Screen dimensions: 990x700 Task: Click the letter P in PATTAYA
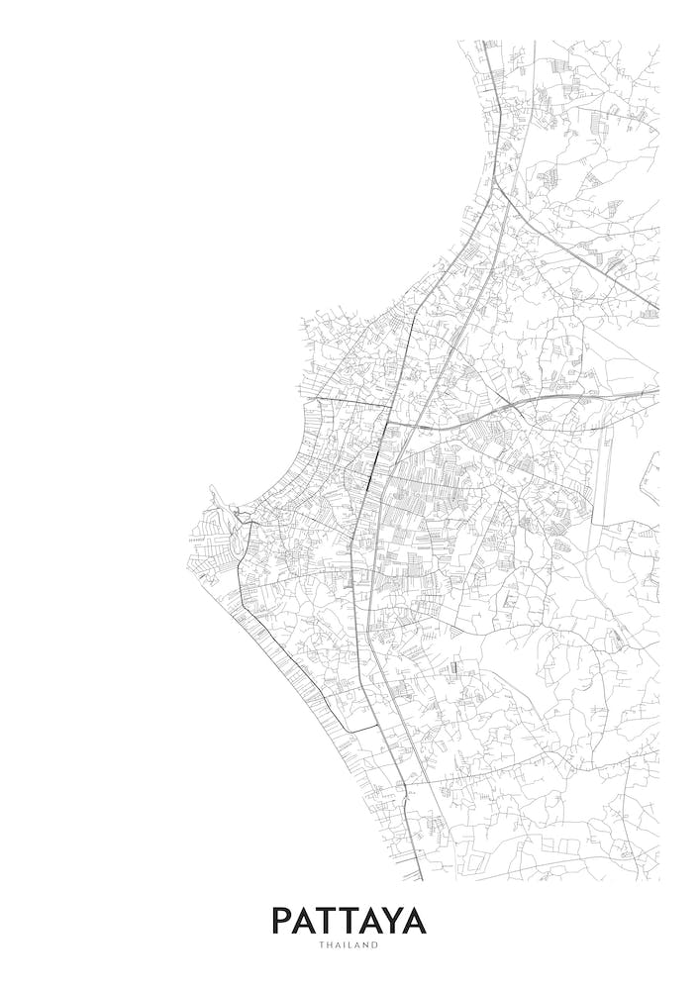281,921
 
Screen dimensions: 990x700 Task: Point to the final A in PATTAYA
415,921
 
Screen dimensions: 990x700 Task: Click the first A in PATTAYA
304,921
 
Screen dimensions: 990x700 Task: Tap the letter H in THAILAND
330,945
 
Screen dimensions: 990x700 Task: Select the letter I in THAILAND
345,945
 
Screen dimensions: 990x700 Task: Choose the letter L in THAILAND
351,945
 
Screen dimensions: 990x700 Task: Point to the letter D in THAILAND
376,945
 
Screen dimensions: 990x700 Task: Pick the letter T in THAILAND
322,945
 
